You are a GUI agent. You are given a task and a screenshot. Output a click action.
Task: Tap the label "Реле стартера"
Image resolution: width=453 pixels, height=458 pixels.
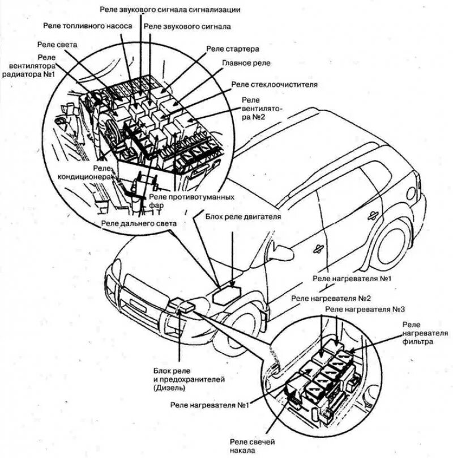tap(232, 49)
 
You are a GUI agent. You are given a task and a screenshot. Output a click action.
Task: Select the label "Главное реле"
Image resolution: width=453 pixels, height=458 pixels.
tap(246, 63)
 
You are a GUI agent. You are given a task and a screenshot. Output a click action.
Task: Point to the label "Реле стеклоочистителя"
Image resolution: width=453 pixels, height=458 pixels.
tap(274, 84)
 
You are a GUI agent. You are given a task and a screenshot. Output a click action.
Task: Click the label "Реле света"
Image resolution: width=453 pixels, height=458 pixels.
tap(57, 44)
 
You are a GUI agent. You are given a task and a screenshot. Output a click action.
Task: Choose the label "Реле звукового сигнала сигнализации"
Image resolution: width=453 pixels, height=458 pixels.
tap(170, 10)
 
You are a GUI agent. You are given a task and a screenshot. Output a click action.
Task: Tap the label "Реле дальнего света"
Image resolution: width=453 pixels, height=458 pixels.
tap(139, 224)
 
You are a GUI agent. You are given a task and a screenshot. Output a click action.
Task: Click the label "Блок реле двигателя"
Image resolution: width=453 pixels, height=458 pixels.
tap(243, 216)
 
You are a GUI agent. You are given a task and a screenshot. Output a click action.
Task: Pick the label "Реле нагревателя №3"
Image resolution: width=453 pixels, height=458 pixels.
tap(366, 309)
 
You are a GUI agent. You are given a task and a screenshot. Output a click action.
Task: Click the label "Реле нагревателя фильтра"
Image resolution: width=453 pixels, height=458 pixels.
tap(418, 333)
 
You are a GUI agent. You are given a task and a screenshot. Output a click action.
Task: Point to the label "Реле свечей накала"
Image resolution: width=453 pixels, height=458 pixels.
tap(254, 446)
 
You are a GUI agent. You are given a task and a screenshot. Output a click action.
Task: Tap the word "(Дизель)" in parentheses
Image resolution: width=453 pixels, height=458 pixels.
tap(169, 388)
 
